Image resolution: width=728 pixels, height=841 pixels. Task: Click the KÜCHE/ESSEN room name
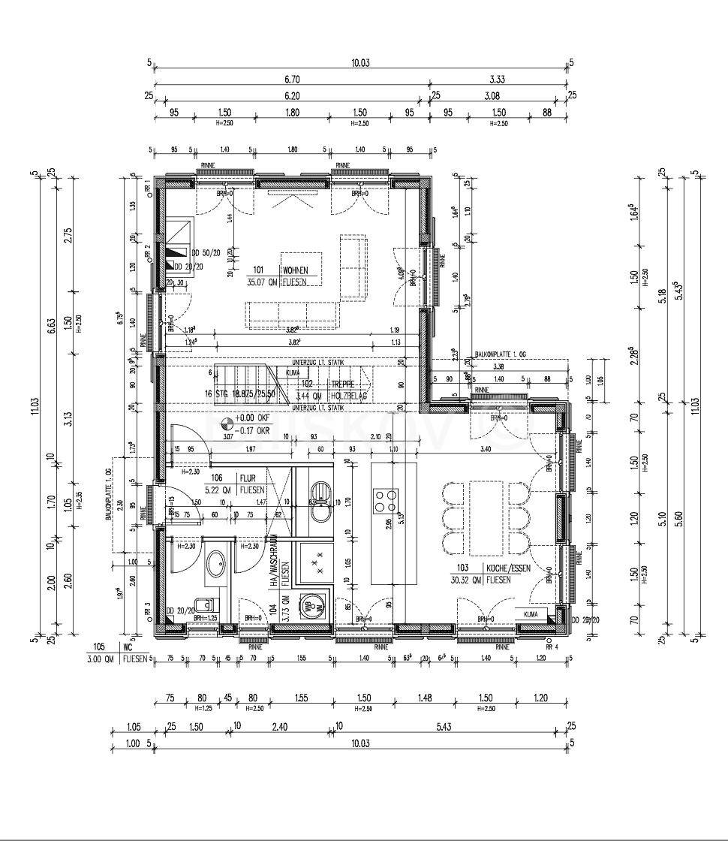508,568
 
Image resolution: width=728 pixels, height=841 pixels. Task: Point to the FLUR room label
247,478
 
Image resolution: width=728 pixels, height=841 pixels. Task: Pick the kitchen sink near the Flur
321,498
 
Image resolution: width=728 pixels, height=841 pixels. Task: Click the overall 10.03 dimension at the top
360,64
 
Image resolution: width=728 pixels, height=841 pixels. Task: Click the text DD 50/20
206,254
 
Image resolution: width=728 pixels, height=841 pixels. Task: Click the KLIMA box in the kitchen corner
530,614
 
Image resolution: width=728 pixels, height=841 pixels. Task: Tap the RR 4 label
552,647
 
